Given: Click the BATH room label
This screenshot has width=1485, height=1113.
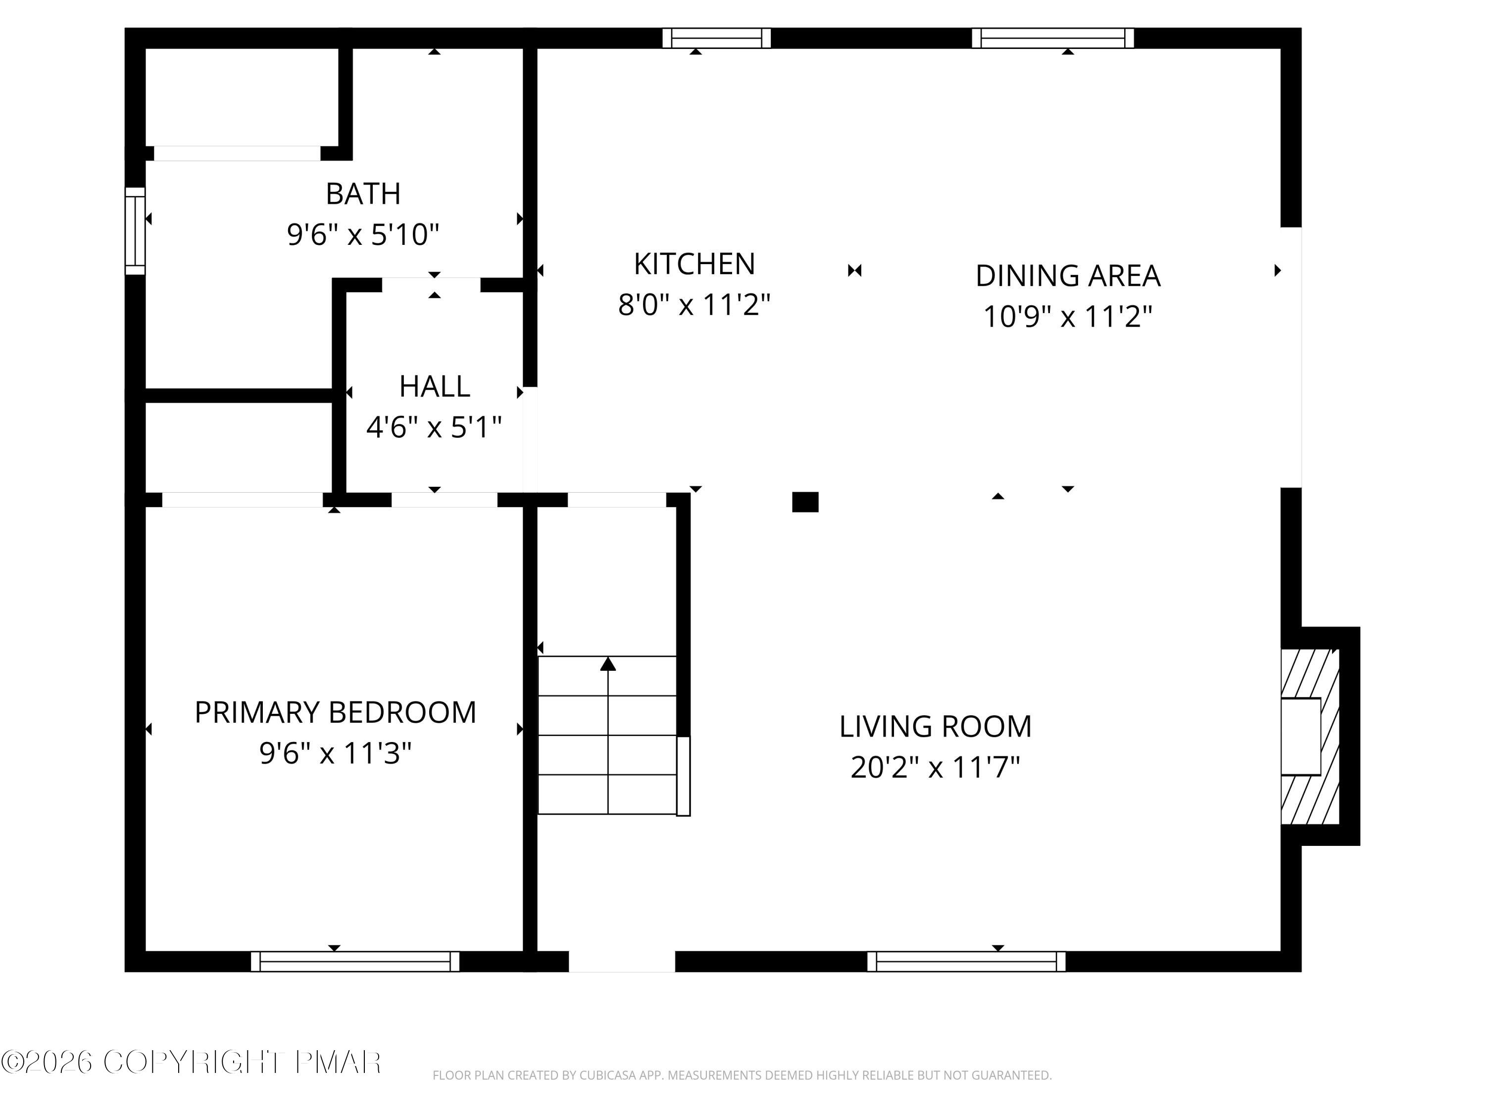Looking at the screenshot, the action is (x=363, y=194).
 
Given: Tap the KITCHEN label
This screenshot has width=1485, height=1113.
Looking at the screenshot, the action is (x=694, y=264).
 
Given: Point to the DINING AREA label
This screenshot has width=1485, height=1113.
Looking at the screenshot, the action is (x=1067, y=276).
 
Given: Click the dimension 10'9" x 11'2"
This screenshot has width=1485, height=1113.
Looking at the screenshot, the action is (x=1067, y=316).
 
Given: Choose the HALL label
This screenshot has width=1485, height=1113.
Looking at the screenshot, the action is (x=434, y=386).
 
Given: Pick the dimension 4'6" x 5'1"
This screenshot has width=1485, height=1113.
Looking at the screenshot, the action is (x=434, y=427).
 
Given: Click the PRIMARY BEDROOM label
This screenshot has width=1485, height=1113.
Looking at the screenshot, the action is (x=335, y=712).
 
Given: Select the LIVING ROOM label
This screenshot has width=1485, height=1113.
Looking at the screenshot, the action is (x=935, y=727).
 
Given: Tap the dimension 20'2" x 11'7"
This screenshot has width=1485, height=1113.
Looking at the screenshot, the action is (x=935, y=767).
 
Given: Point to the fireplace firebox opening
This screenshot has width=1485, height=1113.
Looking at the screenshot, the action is (x=1301, y=737).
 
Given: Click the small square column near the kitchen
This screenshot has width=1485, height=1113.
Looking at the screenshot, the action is (x=805, y=502).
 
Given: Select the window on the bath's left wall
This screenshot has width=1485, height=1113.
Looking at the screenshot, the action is (x=135, y=231).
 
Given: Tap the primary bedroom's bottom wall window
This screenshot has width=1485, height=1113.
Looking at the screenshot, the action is (x=355, y=961).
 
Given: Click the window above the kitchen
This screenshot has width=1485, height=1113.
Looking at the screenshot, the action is (x=716, y=38).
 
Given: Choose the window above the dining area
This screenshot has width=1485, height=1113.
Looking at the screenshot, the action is (x=1053, y=38).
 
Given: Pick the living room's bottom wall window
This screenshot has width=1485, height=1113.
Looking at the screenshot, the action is (x=966, y=961).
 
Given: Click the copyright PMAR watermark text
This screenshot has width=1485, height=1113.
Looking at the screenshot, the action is (x=192, y=1062).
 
